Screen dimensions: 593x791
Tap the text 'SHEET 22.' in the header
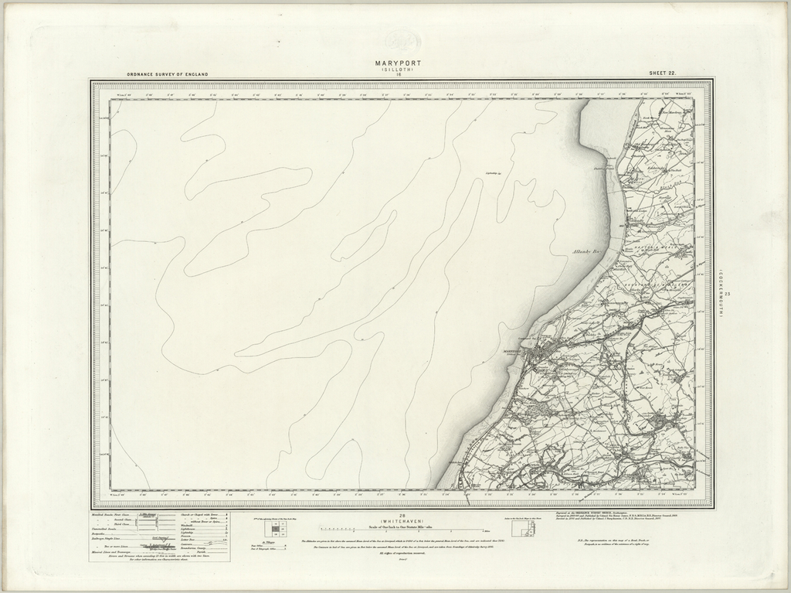pos(663,74)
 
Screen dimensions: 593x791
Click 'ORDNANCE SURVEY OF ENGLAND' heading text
pos(168,74)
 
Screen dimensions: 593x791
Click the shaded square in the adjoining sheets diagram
pos(272,527)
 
